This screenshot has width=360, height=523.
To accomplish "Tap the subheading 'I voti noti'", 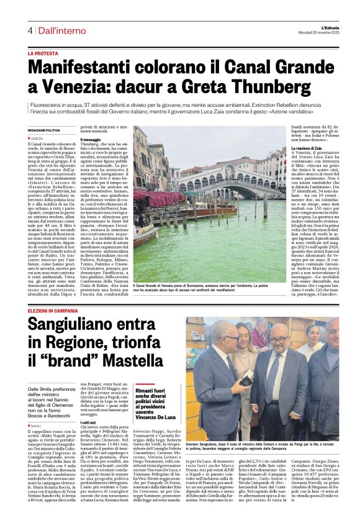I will pos(88,422).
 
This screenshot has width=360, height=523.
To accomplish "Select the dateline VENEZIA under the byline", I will pos(37,139).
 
